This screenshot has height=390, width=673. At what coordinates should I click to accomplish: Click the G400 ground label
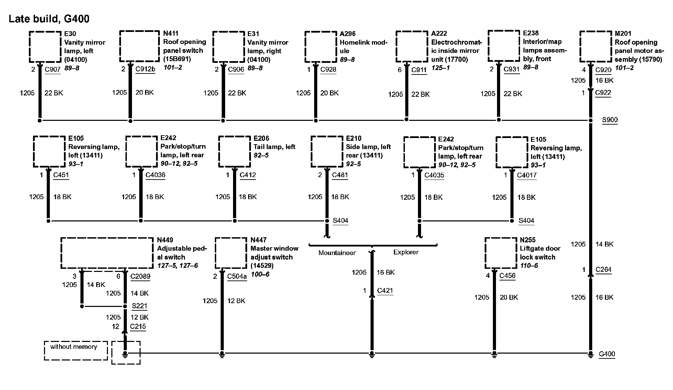[x=607, y=354]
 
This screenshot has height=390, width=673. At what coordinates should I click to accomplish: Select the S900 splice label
[x=609, y=120]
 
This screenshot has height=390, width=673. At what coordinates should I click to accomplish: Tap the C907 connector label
[x=53, y=69]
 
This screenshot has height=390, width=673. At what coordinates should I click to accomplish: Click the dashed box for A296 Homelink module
[x=320, y=47]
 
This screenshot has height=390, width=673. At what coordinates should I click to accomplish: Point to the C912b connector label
[x=145, y=69]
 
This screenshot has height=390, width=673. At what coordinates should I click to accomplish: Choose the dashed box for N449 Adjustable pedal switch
[x=107, y=253]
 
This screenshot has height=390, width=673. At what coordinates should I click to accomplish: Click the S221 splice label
[x=139, y=306]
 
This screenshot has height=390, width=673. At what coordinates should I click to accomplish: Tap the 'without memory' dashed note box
[x=76, y=351]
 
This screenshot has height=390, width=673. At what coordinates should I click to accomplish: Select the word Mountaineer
[x=337, y=253]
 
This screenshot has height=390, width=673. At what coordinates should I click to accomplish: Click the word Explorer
[x=406, y=252]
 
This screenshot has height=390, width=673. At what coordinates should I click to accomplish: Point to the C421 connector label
[x=385, y=291]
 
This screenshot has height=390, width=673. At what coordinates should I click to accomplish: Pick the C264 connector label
[x=603, y=270]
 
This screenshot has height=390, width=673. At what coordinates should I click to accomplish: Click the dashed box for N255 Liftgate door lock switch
[x=501, y=253]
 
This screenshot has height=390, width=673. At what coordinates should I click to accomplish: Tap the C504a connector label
[x=237, y=276]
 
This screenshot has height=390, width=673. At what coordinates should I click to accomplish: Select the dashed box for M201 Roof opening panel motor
[x=596, y=47]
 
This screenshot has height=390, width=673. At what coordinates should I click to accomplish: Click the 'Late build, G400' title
[x=49, y=19]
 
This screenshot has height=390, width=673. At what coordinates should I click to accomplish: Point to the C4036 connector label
[x=155, y=175]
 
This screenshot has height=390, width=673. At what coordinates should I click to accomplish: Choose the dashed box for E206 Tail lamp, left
[x=234, y=152]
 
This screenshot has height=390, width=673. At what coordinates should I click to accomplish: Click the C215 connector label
[x=138, y=326]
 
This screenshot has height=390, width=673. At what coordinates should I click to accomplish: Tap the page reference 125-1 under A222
[x=440, y=68]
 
